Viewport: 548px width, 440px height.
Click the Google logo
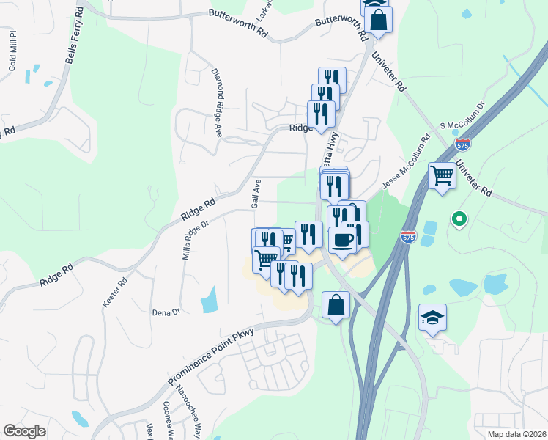25,431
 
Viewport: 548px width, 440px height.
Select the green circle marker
459,219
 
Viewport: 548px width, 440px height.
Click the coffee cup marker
342,239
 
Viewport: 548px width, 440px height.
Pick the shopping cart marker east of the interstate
442,176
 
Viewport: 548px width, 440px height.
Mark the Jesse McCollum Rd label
404,161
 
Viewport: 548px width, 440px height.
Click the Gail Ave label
256,194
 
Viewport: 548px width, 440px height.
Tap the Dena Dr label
166,312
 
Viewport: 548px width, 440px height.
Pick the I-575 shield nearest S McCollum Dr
462,144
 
